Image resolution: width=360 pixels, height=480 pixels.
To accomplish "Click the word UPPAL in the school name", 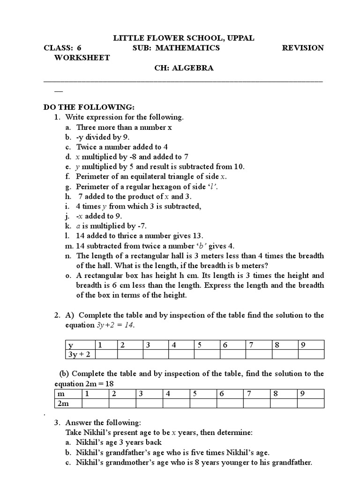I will tap(239, 38).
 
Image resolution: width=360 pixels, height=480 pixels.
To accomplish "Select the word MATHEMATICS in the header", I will tap(187, 48).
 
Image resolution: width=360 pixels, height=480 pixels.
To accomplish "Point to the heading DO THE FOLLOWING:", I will tap(89, 107).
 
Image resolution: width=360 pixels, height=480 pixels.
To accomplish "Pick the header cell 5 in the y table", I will tap(199, 345).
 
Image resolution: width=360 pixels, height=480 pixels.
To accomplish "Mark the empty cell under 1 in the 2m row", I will tap(96, 403).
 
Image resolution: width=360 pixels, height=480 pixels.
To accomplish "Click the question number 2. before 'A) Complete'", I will tap(59, 315).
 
